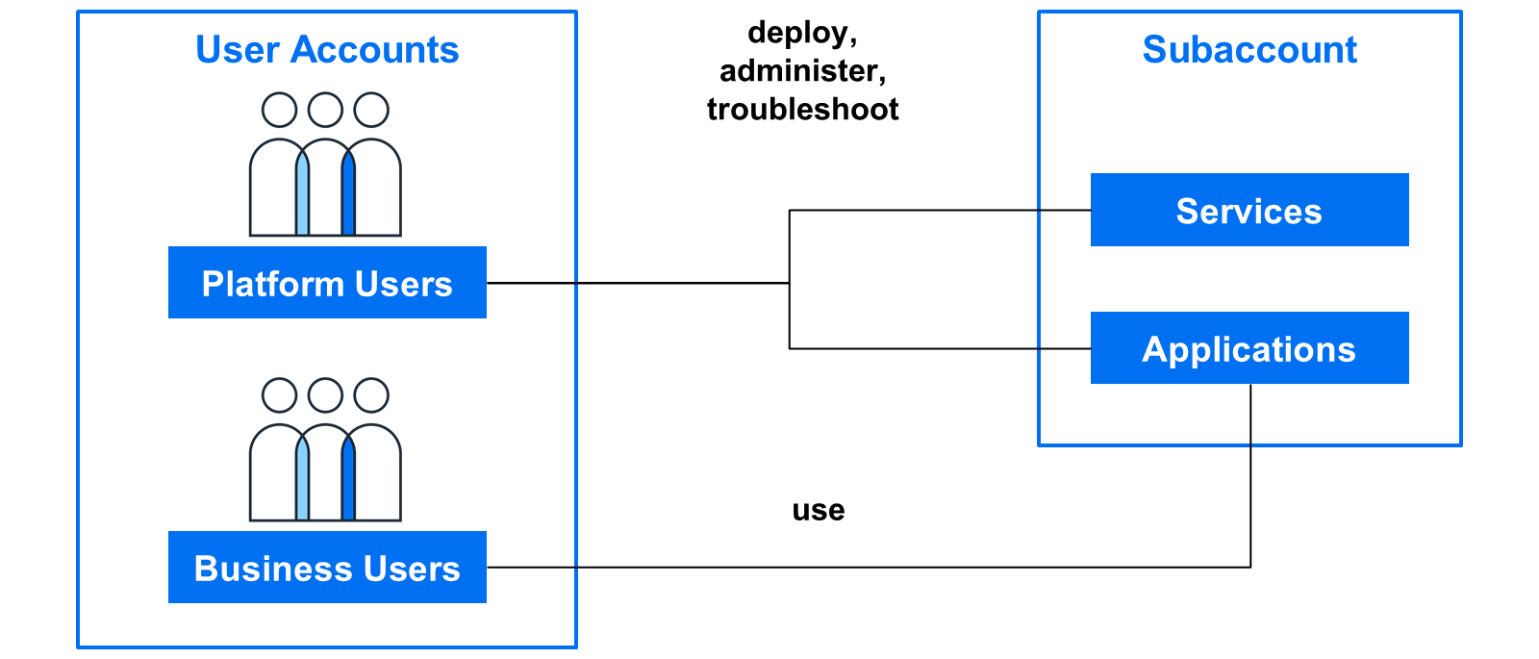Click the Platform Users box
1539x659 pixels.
(327, 283)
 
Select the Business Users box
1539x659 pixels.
(327, 568)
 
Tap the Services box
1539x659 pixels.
(1249, 210)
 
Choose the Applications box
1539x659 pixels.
(1249, 347)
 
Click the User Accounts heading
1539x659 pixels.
(327, 49)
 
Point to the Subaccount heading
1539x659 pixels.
(1249, 49)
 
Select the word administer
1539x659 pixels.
(802, 71)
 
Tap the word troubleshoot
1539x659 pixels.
(802, 110)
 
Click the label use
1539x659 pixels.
(819, 511)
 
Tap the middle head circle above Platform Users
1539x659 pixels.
(325, 110)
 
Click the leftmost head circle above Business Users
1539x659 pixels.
(280, 395)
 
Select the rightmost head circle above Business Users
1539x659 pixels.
(371, 395)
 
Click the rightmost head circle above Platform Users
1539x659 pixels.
(371, 110)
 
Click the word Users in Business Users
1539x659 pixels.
(412, 569)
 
